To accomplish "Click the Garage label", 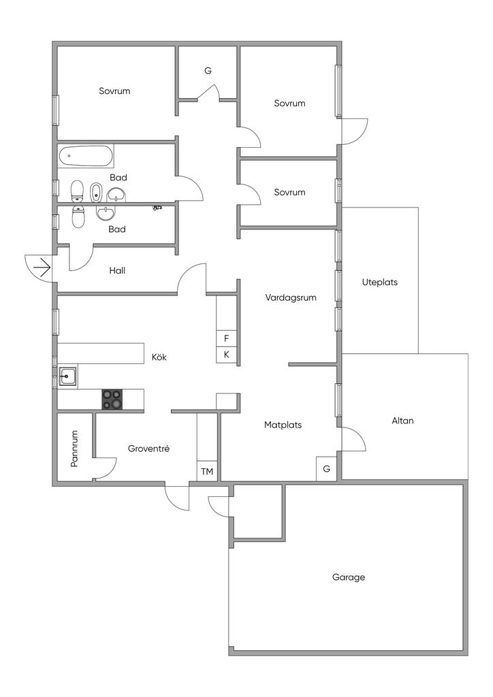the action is [349, 577].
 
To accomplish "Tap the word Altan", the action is [402, 421].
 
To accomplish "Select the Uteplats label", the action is [380, 282].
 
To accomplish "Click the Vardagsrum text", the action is [291, 297].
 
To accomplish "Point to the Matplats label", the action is [283, 425].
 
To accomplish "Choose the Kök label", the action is [159, 357].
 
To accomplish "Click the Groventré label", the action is [148, 449].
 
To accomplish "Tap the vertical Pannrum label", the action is [75, 449].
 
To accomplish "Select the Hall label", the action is [117, 270].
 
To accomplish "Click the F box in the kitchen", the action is [227, 338].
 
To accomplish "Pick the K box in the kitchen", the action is [227, 355].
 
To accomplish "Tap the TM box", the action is [207, 471].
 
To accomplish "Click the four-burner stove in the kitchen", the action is [113, 400].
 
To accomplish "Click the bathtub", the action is [86, 157].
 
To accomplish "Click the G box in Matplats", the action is [326, 469].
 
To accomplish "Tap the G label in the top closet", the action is [208, 71].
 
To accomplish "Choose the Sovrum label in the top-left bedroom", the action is [114, 91].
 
